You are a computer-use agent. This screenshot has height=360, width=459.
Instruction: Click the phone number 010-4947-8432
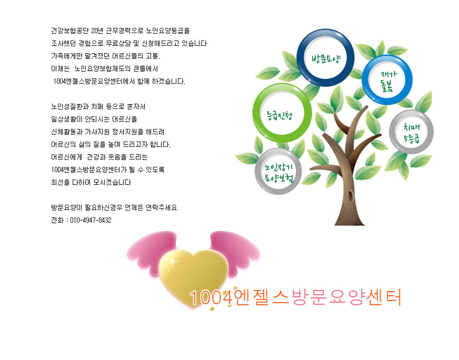91,220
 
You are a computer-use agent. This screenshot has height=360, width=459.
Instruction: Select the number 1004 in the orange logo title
211,297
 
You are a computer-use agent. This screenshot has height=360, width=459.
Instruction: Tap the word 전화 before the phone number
57,220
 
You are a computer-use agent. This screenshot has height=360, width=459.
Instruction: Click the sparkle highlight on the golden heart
173,261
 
